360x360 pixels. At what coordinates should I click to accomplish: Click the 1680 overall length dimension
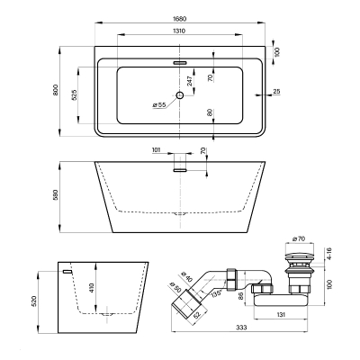pos(180,19)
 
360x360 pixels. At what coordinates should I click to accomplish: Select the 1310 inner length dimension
pos(179,31)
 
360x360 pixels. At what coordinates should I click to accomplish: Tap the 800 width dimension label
pos(55,90)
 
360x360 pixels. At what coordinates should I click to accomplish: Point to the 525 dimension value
pos(75,94)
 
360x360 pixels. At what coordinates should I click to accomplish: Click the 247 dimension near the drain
pos(190,81)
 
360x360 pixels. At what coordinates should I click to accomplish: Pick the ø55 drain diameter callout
pos(159,104)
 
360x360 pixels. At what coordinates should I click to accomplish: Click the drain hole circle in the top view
pos(180,95)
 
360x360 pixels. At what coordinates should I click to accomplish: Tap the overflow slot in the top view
pos(180,63)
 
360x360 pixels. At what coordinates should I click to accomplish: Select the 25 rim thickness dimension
pos(277,91)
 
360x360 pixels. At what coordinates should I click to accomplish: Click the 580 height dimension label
pos(55,194)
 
